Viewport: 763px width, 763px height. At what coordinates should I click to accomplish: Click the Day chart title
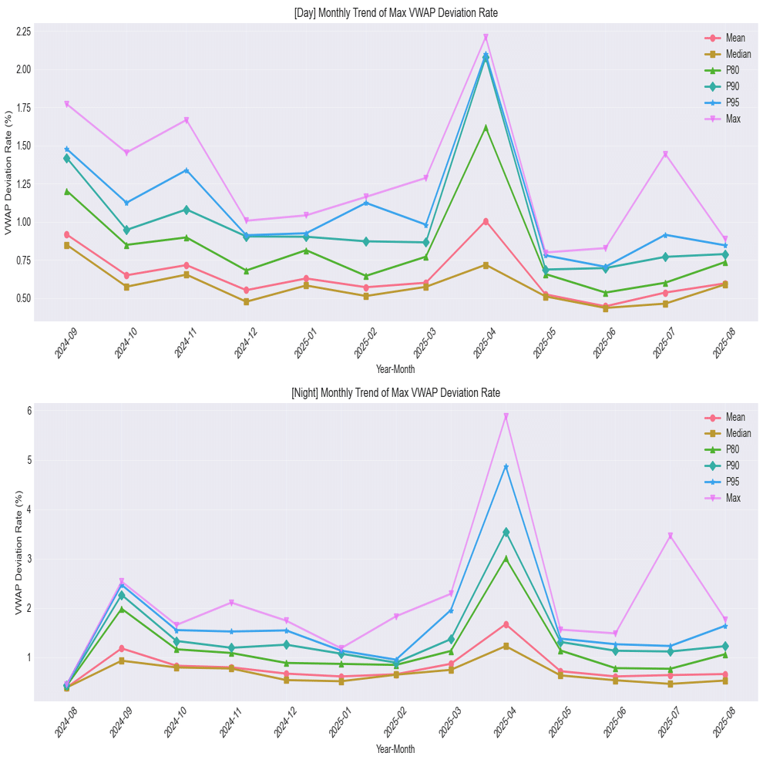pos(395,14)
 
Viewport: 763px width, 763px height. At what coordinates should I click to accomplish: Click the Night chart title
pos(395,393)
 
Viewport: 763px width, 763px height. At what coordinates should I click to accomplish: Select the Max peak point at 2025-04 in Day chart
pos(486,37)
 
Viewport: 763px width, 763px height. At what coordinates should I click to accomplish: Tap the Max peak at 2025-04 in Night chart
pos(506,416)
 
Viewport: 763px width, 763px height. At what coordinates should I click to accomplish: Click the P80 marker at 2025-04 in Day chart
pos(486,127)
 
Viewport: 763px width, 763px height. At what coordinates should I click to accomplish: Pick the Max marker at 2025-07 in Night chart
pos(671,536)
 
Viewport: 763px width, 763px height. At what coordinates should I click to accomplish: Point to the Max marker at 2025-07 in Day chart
pos(665,154)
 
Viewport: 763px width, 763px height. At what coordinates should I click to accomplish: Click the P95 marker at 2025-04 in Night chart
pos(506,466)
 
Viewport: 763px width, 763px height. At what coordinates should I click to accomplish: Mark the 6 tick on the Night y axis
pos(28,411)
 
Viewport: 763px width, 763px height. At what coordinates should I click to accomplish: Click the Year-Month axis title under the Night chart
pos(395,749)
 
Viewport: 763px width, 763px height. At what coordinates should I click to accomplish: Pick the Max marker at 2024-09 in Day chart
pos(67,104)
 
